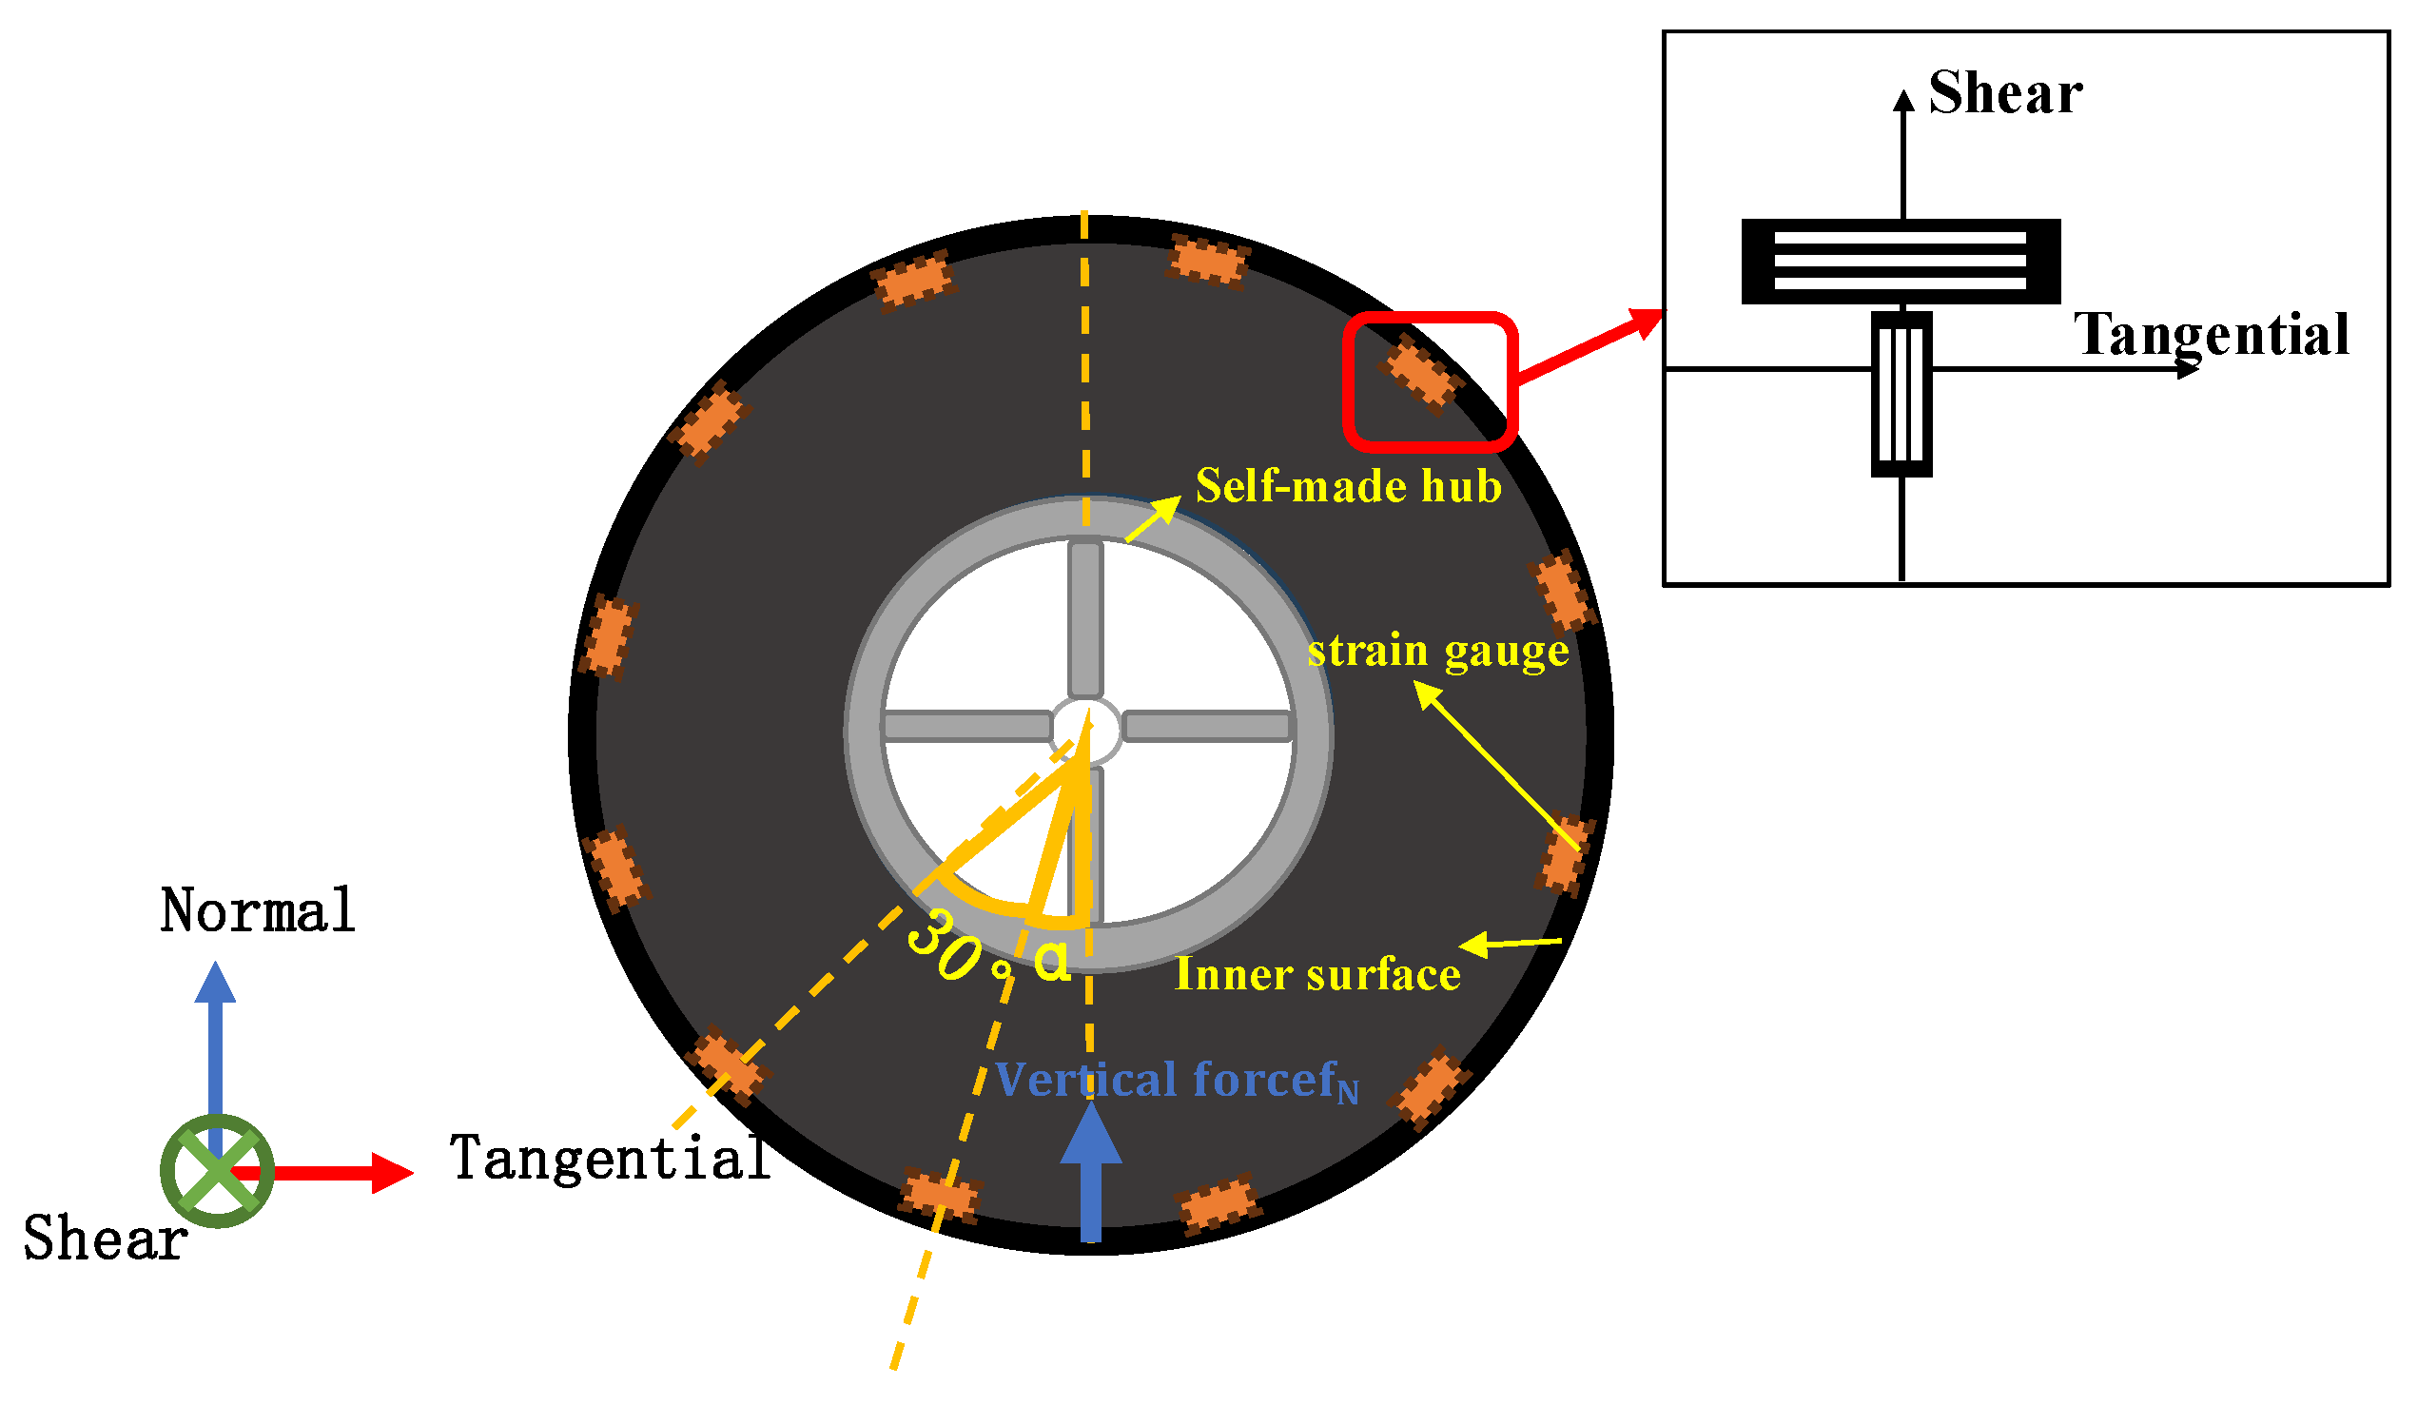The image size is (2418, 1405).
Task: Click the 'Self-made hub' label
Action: tap(1347, 487)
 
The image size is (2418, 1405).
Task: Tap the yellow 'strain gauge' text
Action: tap(1437, 652)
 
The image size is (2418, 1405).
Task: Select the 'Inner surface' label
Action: tap(1317, 975)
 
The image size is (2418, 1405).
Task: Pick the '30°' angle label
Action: tap(955, 950)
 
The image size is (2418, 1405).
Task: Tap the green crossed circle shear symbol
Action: tap(217, 1171)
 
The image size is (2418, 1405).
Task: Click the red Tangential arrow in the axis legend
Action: tap(326, 1173)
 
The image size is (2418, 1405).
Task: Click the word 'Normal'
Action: tap(257, 910)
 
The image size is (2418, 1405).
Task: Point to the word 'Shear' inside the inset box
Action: tap(2004, 93)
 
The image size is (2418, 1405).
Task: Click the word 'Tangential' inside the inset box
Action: tap(2211, 335)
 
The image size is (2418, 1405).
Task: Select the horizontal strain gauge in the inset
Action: tap(1900, 261)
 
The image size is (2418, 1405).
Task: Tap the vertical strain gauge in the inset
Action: tap(1901, 395)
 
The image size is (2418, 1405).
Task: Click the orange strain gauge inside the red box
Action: tap(1420, 374)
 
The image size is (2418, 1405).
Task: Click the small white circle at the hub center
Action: tap(1085, 731)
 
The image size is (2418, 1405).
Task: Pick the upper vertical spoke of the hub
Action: tap(1085, 619)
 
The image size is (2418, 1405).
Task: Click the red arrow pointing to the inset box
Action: tap(1588, 346)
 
